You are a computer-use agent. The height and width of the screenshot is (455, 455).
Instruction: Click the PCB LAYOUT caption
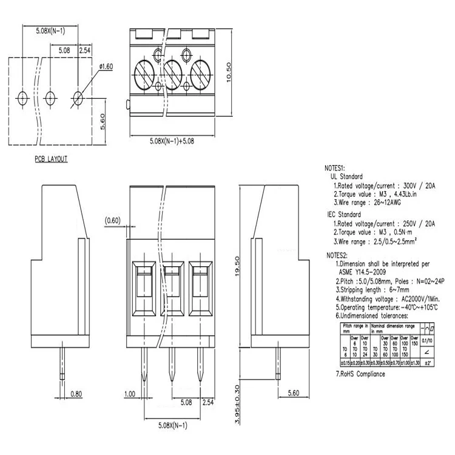pos(51,159)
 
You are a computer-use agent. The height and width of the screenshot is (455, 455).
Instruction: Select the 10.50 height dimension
pos(229,73)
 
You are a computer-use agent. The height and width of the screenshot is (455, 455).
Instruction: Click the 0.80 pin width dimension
pos(77,394)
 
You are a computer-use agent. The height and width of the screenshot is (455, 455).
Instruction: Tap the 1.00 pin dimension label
pos(130,394)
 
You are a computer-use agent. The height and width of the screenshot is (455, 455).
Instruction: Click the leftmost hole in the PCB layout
pos(22,97)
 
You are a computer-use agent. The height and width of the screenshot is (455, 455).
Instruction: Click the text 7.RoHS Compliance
pos(360,374)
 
